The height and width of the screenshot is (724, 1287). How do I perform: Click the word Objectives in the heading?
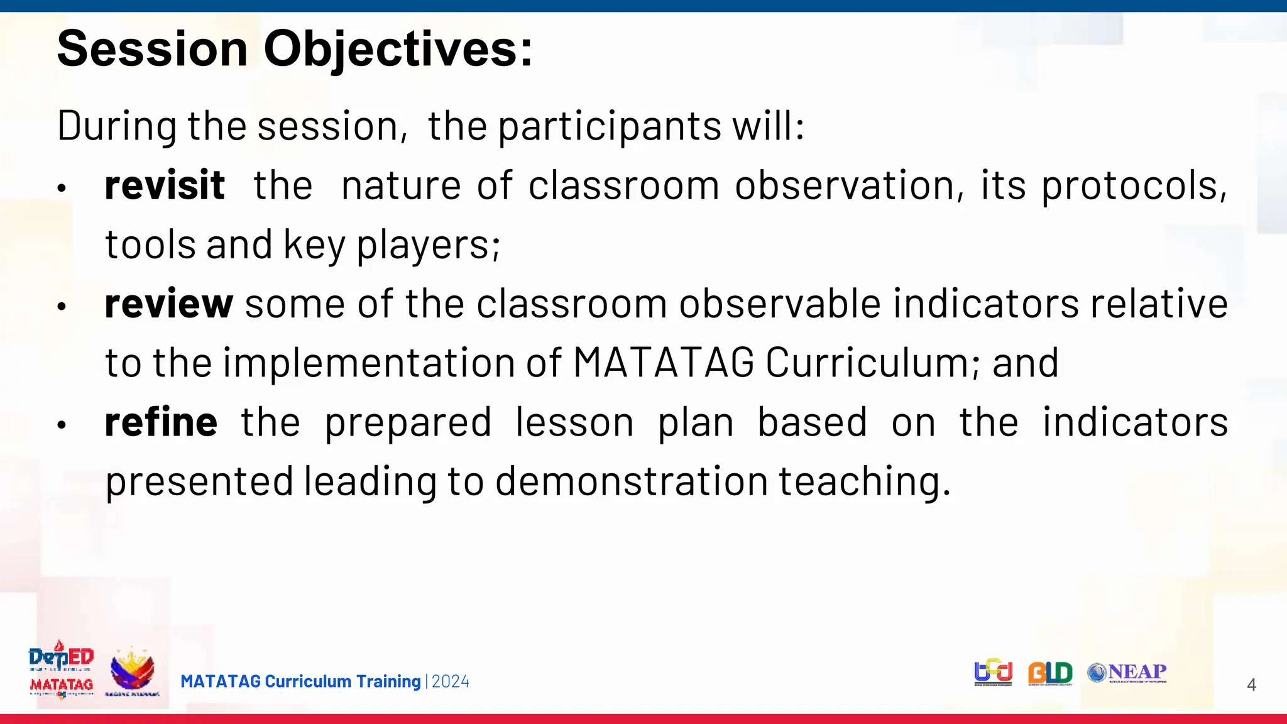(x=398, y=49)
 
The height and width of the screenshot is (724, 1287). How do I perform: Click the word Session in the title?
(x=153, y=49)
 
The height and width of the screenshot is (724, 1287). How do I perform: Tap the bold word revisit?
(x=165, y=185)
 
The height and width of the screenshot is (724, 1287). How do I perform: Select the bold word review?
(x=169, y=304)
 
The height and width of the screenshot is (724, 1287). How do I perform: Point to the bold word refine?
(x=161, y=422)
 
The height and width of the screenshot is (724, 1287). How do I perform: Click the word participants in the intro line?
(x=610, y=126)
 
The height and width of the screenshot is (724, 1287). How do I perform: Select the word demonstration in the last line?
(x=632, y=481)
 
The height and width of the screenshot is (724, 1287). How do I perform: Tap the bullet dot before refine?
(x=61, y=425)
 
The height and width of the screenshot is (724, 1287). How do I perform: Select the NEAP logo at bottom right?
(x=1128, y=672)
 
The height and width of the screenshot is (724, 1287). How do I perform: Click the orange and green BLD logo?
(x=1050, y=673)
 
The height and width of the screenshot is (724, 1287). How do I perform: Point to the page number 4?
(x=1251, y=685)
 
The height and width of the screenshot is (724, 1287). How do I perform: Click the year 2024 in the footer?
(x=451, y=681)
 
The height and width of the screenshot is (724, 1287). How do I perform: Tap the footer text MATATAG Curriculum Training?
(x=300, y=681)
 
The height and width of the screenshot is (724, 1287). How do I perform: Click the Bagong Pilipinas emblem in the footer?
(x=132, y=671)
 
